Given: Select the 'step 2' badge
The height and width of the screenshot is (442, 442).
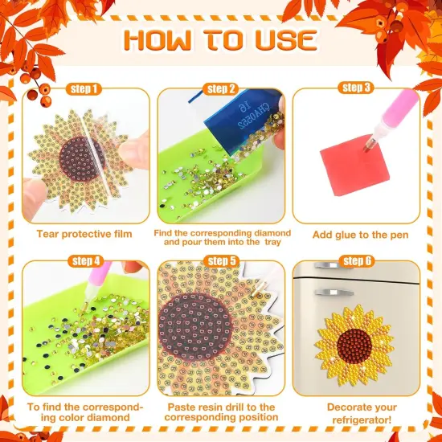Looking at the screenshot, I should [221, 89].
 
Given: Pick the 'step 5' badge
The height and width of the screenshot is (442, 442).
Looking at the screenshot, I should [220, 261].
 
